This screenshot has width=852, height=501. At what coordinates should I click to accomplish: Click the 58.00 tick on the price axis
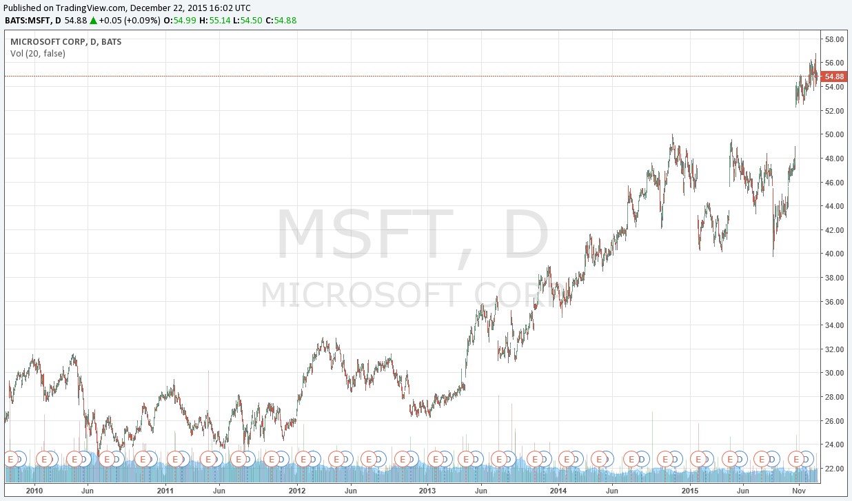[834, 39]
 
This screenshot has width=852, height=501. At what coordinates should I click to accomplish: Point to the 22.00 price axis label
[834, 469]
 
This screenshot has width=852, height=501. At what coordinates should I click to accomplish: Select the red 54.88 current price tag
[834, 76]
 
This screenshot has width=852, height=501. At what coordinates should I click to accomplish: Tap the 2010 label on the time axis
[34, 491]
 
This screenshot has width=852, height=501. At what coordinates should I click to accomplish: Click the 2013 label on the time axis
[427, 491]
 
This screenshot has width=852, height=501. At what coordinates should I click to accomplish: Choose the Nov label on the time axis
[799, 491]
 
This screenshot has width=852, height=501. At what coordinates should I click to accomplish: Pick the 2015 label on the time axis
[691, 491]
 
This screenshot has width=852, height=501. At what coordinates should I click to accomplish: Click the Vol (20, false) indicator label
[38, 53]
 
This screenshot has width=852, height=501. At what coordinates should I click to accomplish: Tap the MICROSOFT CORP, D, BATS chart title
[65, 41]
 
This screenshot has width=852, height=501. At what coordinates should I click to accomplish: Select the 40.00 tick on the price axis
[834, 254]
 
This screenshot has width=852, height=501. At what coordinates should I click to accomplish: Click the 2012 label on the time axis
[296, 491]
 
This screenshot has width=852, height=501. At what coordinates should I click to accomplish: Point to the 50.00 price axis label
[834, 134]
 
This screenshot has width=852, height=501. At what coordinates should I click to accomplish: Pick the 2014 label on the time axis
[559, 491]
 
